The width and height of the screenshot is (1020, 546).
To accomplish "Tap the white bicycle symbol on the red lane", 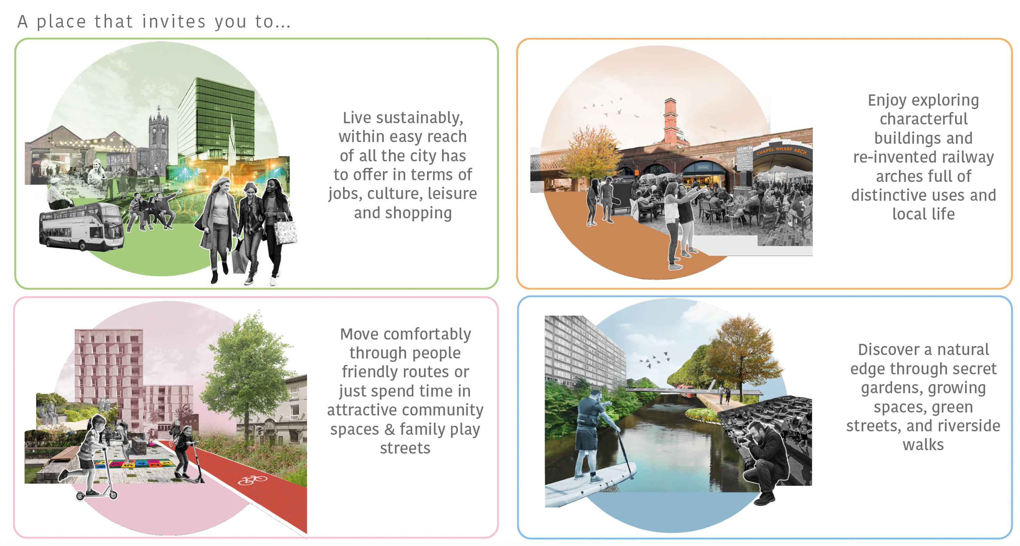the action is [x=252, y=480].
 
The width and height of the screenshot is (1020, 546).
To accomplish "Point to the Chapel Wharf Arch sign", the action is [x=781, y=151].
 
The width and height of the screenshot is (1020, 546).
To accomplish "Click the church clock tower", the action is [x=158, y=135].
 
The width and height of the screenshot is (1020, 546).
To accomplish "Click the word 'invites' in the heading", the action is [x=174, y=22].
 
